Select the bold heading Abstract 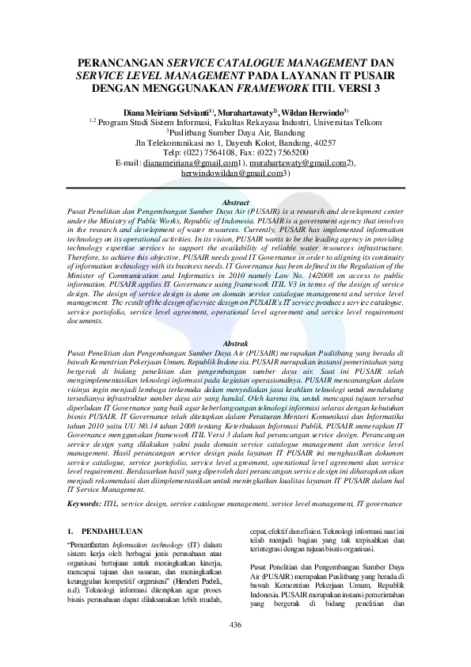tap(235, 203)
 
